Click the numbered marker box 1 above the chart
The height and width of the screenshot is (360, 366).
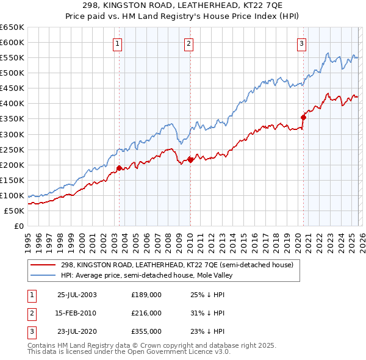[117, 43]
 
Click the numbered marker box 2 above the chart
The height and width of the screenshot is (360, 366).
[189, 43]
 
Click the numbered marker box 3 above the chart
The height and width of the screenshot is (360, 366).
[301, 43]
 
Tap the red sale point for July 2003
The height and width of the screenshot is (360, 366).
[120, 167]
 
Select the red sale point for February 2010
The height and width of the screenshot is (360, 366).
[190, 159]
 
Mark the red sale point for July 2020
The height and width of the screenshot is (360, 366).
[303, 117]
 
